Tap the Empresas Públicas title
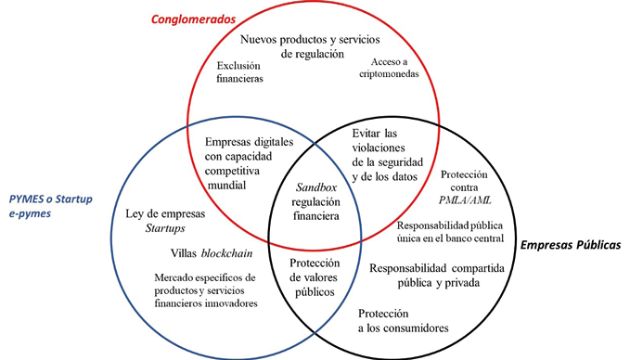tap(568, 246)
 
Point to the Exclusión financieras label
tap(240, 72)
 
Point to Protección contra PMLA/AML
tap(469, 188)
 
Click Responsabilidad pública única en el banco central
tap(449, 232)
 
